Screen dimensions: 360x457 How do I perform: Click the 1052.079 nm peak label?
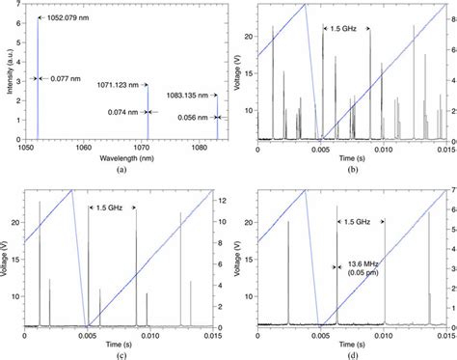coord(67,17)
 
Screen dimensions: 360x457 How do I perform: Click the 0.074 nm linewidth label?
coord(124,112)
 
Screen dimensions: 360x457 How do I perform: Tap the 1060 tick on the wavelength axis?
coord(83,148)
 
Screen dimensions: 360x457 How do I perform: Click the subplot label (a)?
coord(121,170)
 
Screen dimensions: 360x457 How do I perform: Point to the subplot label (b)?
coord(352,170)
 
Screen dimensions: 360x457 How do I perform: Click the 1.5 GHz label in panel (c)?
coord(111,208)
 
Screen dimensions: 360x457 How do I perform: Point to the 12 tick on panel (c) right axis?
coord(221,200)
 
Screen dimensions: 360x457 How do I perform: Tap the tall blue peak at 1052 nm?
coord(38,77)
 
